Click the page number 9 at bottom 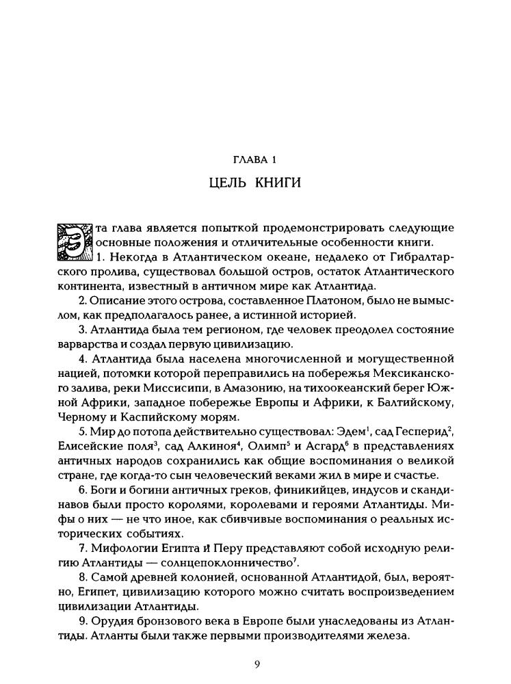[x=255, y=663]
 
